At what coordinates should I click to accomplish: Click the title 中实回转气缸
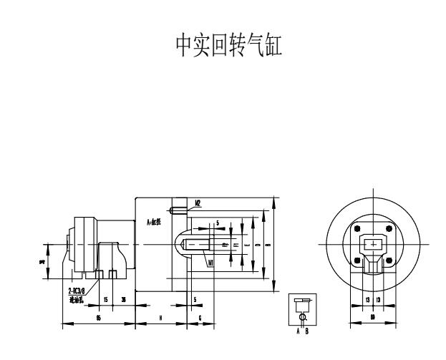(223, 47)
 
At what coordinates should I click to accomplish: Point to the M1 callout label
(210, 263)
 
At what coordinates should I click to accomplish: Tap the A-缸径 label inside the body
(153, 221)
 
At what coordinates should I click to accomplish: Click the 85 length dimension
(97, 317)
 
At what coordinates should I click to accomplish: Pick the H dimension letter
(160, 317)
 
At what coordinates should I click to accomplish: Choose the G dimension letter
(200, 317)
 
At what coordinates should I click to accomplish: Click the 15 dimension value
(106, 298)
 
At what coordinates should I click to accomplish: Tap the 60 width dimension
(372, 317)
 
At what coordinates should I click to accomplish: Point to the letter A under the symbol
(299, 331)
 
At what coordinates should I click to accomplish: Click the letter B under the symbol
(306, 331)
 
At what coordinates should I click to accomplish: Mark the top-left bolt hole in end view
(357, 228)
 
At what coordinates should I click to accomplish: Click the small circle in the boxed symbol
(303, 316)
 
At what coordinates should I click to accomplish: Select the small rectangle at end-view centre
(372, 245)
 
